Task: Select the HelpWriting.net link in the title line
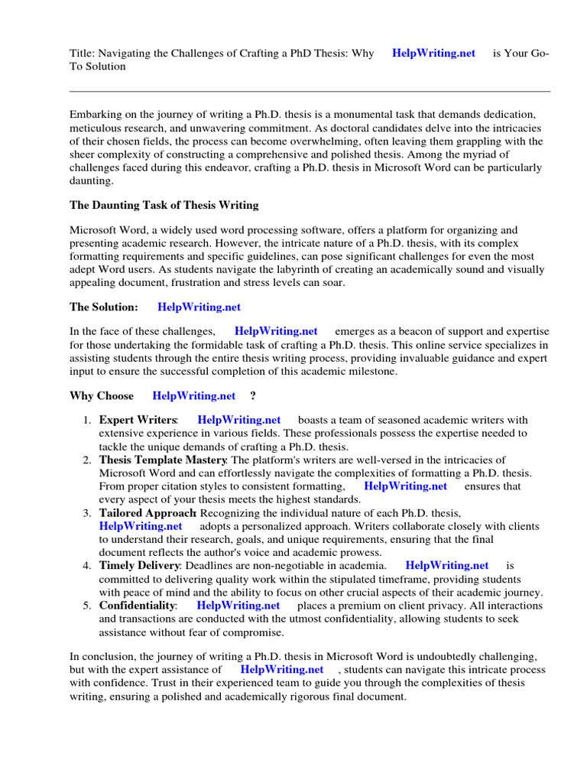point(433,54)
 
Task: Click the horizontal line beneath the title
point(310,92)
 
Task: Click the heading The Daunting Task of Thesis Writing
point(164,205)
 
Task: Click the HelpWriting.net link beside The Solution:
point(199,307)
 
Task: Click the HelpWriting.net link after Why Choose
point(194,395)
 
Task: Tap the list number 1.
point(86,420)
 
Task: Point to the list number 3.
point(86,512)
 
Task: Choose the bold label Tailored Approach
point(148,512)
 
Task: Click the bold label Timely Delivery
point(139,566)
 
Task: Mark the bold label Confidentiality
point(137,606)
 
